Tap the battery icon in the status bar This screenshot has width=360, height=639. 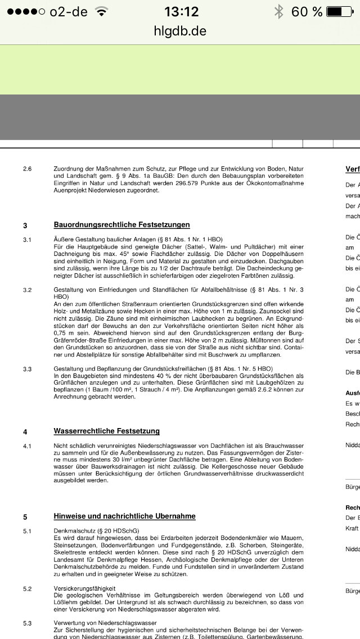click(341, 12)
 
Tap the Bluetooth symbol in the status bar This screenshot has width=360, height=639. click(278, 12)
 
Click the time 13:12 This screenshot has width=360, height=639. click(181, 12)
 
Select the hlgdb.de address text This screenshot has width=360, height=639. click(180, 31)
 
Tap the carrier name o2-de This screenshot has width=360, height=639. click(69, 12)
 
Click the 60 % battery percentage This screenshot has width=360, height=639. click(307, 12)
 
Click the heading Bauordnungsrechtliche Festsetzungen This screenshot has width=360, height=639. click(121, 225)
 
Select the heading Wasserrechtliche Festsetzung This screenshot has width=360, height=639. click(107, 431)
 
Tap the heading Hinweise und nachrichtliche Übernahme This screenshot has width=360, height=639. click(125, 516)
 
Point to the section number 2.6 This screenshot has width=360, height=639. click(27, 169)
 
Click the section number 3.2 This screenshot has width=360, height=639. click(27, 290)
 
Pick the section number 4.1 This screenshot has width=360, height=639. click(27, 445)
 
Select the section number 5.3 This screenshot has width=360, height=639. click(27, 623)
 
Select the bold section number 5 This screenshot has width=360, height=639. click(25, 516)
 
